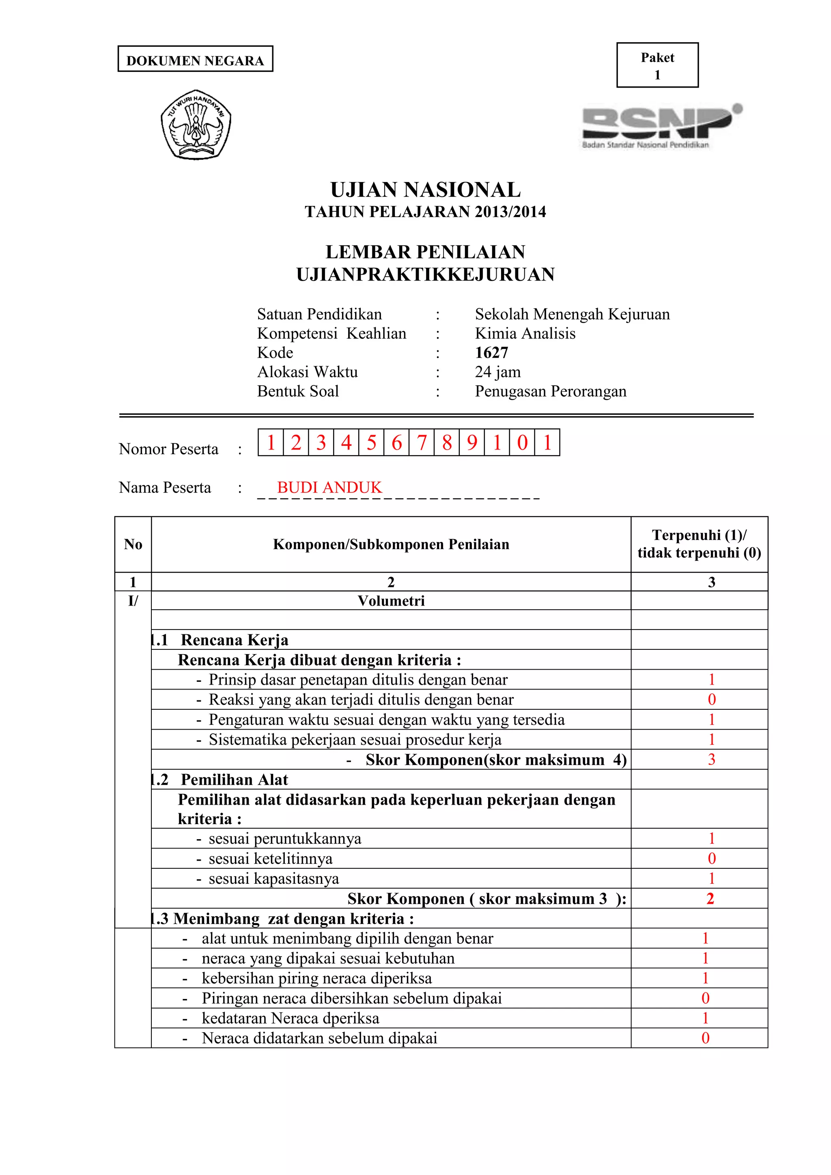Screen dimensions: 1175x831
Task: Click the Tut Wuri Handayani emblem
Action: tap(196, 125)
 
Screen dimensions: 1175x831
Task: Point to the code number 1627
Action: tap(491, 352)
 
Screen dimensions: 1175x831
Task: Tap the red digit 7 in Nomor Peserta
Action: tap(422, 443)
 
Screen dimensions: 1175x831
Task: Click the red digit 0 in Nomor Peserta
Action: tap(522, 443)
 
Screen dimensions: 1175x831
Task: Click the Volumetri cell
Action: tap(391, 601)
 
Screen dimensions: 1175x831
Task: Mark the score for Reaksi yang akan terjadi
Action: tap(711, 700)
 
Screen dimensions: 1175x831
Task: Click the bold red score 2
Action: tap(710, 899)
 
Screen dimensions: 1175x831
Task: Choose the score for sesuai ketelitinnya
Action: tap(711, 859)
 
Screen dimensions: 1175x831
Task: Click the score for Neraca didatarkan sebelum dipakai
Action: tap(705, 1038)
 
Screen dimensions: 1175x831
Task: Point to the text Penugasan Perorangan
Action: tap(551, 391)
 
